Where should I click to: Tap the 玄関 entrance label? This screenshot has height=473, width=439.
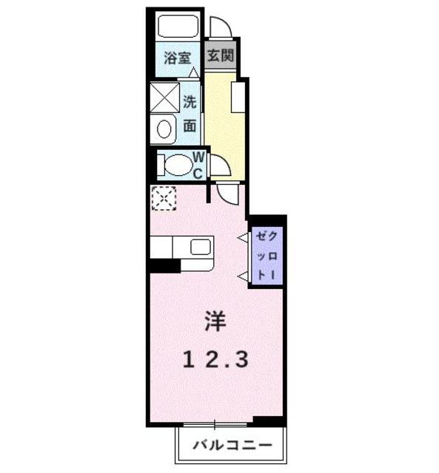pyautogui.click(x=220, y=56)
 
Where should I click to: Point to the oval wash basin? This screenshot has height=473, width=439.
pyautogui.click(x=163, y=130)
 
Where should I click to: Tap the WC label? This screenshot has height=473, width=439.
pyautogui.click(x=199, y=164)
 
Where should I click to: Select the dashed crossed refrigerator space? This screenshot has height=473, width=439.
pyautogui.click(x=162, y=199)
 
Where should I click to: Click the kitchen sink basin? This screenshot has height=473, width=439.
pyautogui.click(x=201, y=247)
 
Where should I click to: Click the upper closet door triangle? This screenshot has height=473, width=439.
pyautogui.click(x=242, y=237)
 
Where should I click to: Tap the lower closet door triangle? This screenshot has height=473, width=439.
pyautogui.click(x=242, y=275)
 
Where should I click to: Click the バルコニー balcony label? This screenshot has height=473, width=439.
pyautogui.click(x=229, y=446)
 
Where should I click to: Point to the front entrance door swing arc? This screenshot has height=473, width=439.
pyautogui.click(x=220, y=27)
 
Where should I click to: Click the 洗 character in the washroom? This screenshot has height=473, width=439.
pyautogui.click(x=190, y=103)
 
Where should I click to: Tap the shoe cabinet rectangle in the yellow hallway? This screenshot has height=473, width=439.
pyautogui.click(x=238, y=97)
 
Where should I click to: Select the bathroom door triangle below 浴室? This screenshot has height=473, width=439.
pyautogui.click(x=193, y=72)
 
